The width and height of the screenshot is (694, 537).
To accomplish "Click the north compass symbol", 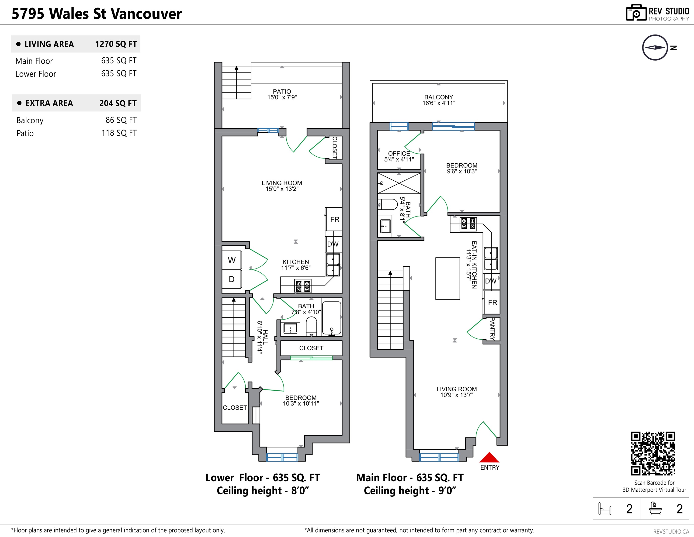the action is [x=655, y=48].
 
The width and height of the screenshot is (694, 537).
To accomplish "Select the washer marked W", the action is [x=232, y=260].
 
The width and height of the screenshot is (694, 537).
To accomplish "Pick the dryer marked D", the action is [x=232, y=279].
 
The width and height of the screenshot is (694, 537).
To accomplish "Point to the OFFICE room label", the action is [x=399, y=153].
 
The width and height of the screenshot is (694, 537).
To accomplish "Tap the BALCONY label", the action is [x=438, y=97].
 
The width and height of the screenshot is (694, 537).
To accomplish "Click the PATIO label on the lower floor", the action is [x=282, y=91].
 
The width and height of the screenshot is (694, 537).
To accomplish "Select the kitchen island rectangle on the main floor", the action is [x=448, y=279].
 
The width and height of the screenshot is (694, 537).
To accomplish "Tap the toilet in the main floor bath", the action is [x=387, y=204].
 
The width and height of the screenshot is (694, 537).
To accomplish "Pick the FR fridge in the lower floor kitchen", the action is [x=334, y=219].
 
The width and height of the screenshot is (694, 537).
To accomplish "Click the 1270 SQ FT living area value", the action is [x=116, y=44].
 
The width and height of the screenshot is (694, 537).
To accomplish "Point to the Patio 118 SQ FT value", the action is [x=119, y=133].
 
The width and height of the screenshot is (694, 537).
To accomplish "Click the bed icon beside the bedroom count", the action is [x=605, y=509].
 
